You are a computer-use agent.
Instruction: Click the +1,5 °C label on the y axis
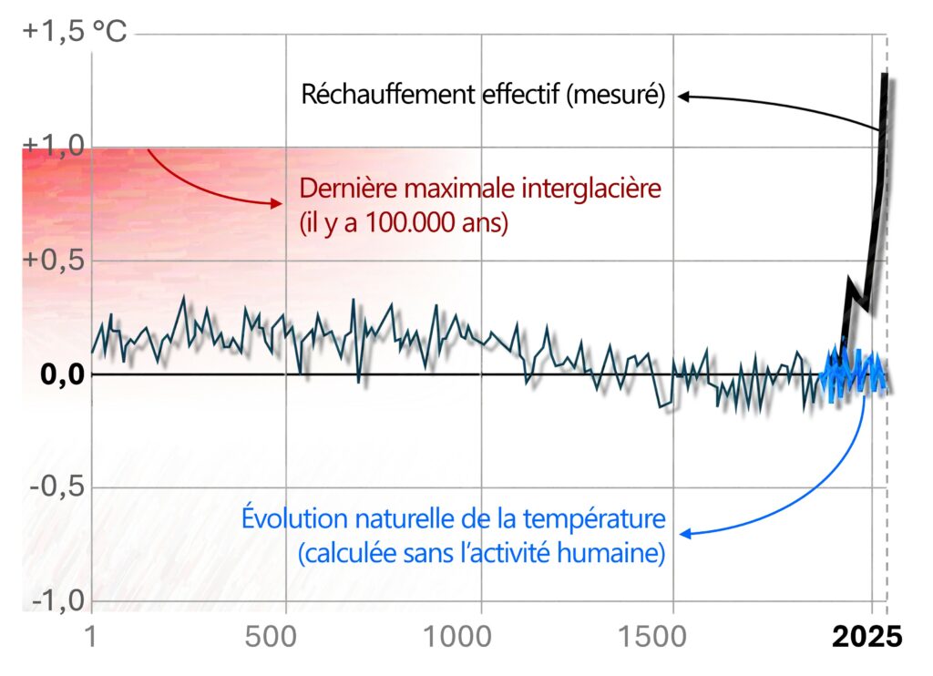point(75,32)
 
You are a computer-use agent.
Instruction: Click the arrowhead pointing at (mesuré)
point(682,95)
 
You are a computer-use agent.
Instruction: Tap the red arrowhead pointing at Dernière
point(279,204)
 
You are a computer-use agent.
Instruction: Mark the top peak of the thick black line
point(884,76)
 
